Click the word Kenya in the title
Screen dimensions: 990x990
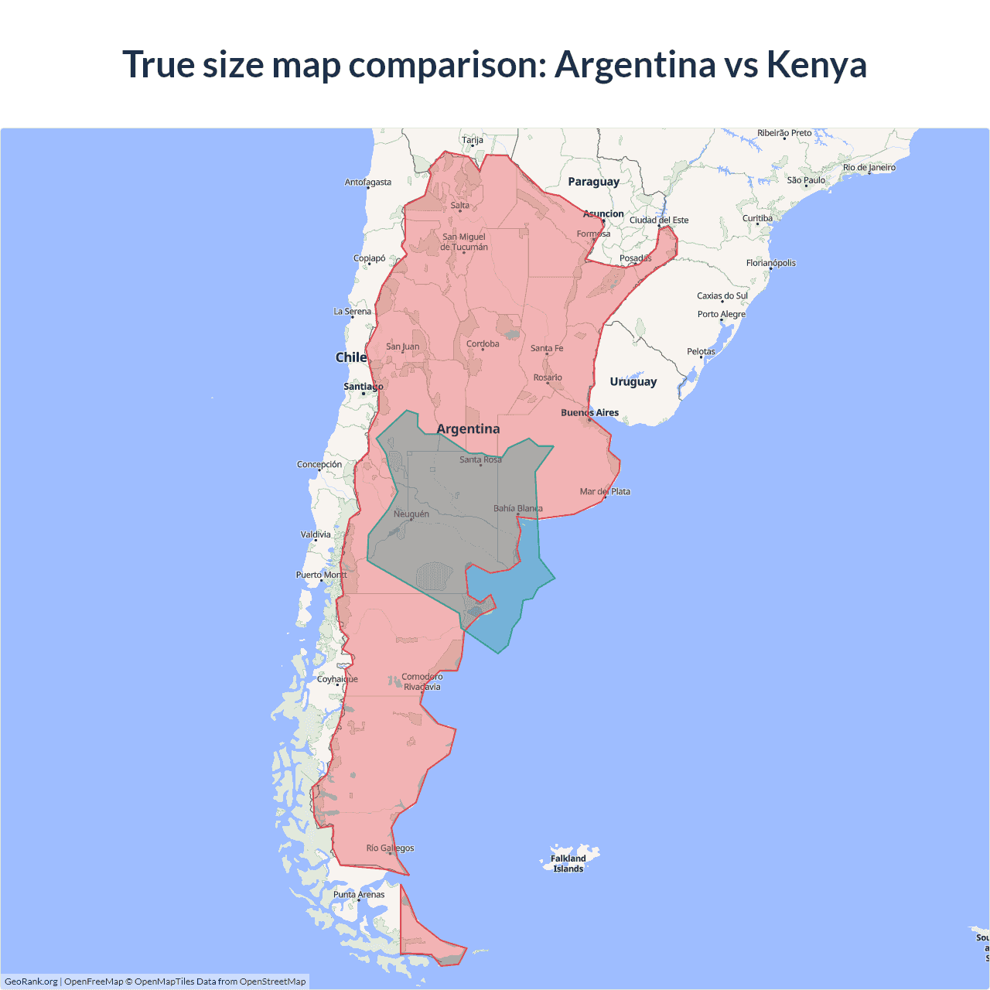[816, 64]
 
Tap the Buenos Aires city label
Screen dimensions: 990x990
[589, 413]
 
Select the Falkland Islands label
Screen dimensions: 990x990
[568, 863]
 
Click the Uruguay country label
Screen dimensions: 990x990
[633, 382]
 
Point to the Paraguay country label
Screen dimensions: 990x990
[593, 182]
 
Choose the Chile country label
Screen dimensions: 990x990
[350, 357]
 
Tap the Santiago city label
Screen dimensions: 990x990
[363, 387]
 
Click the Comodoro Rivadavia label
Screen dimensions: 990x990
[422, 681]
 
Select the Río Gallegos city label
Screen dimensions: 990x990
[390, 848]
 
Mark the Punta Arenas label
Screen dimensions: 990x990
[359, 895]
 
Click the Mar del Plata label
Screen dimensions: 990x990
[605, 492]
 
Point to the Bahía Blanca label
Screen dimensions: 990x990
[517, 509]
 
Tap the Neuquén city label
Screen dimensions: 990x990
[411, 514]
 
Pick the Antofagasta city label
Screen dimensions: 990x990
[367, 183]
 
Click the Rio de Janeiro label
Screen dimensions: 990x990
[869, 168]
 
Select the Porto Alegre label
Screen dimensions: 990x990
[721, 315]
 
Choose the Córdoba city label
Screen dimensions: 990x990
[483, 344]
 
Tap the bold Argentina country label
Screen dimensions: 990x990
[468, 429]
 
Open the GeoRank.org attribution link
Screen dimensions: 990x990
[31, 981]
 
